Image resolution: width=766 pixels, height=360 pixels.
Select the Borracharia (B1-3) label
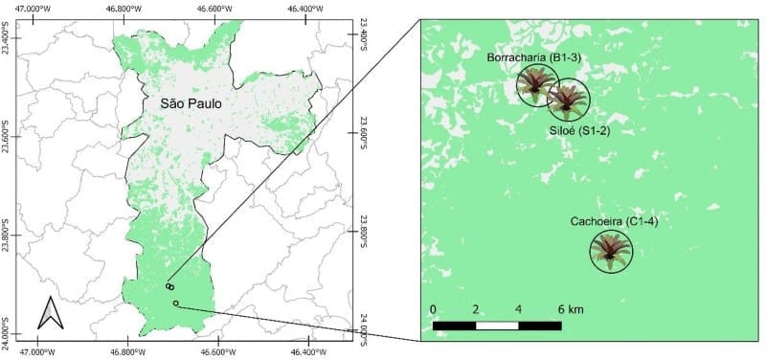click(534, 57)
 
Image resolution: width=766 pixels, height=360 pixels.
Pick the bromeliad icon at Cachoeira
click(610, 250)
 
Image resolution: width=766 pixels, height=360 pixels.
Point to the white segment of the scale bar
click(497, 326)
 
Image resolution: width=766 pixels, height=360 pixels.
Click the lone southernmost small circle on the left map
click(176, 304)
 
